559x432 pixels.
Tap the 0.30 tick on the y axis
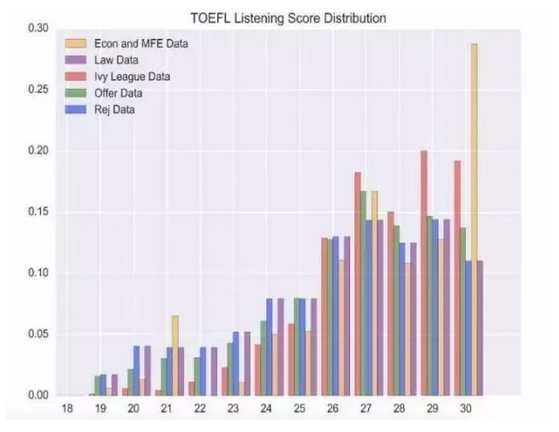pos(38,29)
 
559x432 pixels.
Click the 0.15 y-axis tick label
pos(38,212)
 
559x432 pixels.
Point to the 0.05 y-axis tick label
pos(38,334)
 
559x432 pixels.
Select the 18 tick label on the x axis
pos(68,407)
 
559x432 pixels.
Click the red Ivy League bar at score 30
pos(457,277)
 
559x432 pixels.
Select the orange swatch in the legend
pos(74,43)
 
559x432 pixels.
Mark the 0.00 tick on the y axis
pos(38,395)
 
